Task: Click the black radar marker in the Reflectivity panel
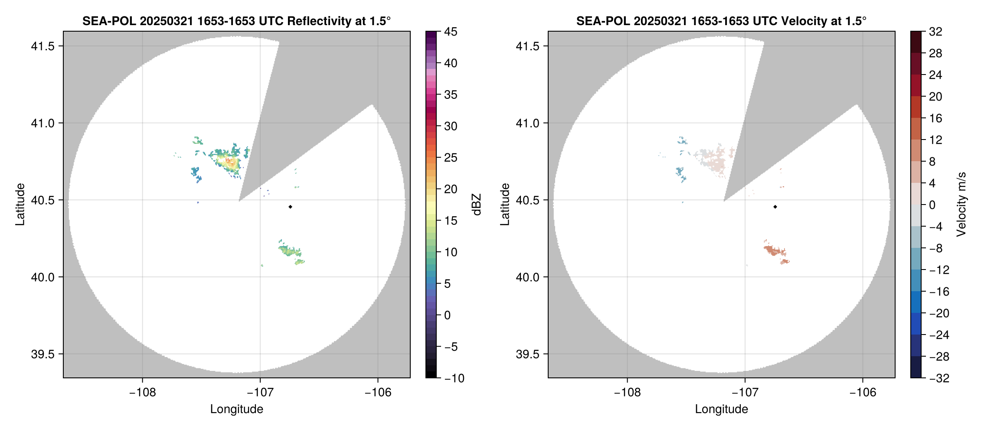[290, 207]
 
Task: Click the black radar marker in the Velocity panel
[775, 207]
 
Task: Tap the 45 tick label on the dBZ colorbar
[451, 32]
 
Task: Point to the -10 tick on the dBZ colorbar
[454, 378]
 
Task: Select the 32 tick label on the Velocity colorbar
[935, 32]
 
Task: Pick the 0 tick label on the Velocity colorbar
[932, 205]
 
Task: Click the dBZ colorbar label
[477, 205]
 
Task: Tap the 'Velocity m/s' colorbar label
[961, 205]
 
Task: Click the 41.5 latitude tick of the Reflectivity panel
[43, 46]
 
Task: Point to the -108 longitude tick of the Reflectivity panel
[142, 392]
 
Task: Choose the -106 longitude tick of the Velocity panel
[863, 392]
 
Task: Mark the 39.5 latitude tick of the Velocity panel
[527, 354]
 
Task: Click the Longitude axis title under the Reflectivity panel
[236, 409]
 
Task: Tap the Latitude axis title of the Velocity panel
[504, 205]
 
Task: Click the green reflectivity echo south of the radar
[288, 250]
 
